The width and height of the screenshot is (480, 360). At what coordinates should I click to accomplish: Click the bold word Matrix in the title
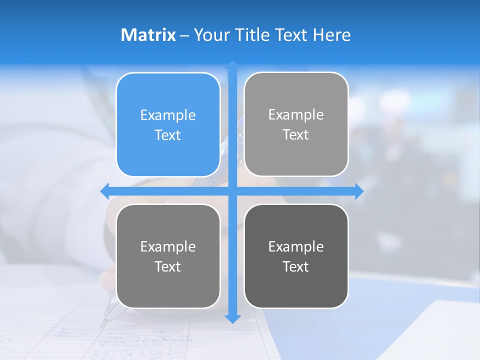coord(148,35)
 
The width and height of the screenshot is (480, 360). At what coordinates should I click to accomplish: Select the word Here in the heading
coord(331,35)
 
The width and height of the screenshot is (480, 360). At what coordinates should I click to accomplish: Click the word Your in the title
coord(211,35)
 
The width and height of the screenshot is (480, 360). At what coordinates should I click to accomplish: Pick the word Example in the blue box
coord(168,115)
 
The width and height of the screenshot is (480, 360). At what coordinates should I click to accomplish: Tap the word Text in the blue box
coord(168,135)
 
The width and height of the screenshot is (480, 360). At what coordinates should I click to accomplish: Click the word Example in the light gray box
coord(296,115)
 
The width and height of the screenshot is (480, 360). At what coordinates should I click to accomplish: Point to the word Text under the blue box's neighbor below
coord(168,267)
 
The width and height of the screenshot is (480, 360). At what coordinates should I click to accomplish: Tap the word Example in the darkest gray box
coord(296,247)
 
